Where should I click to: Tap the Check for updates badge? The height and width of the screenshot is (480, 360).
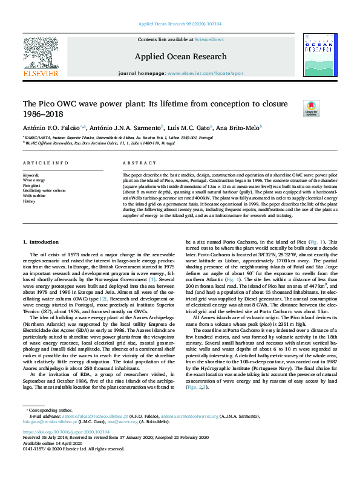[311, 108]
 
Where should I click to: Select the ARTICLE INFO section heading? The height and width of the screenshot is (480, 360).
[42, 164]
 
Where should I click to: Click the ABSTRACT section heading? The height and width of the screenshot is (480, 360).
[136, 164]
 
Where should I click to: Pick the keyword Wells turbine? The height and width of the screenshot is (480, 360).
[34, 196]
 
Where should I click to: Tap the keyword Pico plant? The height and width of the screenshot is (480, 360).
[33, 185]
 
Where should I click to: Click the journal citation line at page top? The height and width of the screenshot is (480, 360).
[180, 24]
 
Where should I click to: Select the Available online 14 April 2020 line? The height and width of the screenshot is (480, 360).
[51, 443]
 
